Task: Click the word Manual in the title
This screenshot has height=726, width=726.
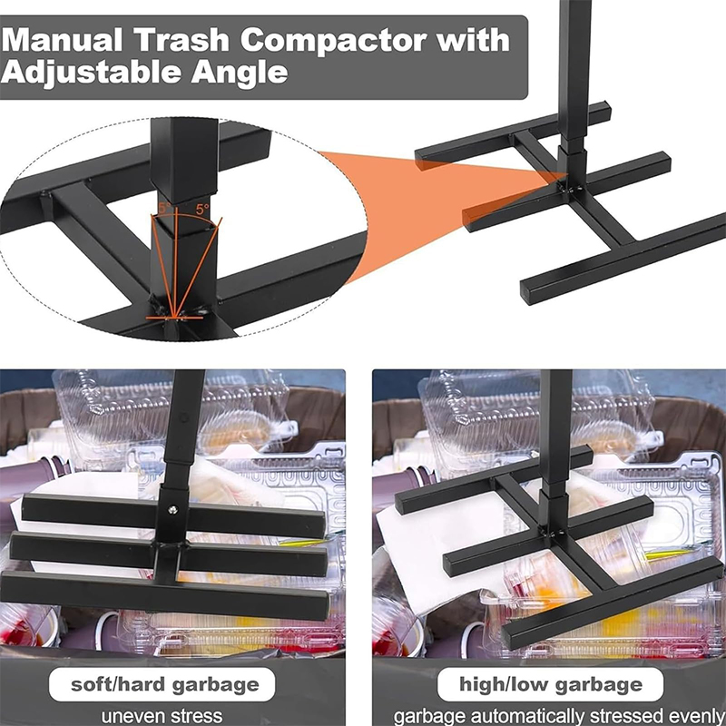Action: point(63,40)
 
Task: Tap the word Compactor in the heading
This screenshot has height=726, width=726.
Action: point(333,40)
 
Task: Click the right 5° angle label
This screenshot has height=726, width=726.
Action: point(202,210)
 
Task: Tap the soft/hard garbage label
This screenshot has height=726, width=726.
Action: point(165,684)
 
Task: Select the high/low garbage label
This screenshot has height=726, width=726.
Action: point(551,684)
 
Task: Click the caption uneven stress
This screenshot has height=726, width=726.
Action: point(162,716)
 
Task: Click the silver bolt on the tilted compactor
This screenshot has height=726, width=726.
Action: point(173,510)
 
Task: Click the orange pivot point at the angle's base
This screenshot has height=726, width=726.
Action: point(174,318)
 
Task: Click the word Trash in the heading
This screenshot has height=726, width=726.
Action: point(182,40)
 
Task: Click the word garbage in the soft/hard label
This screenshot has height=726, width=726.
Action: point(215,685)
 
